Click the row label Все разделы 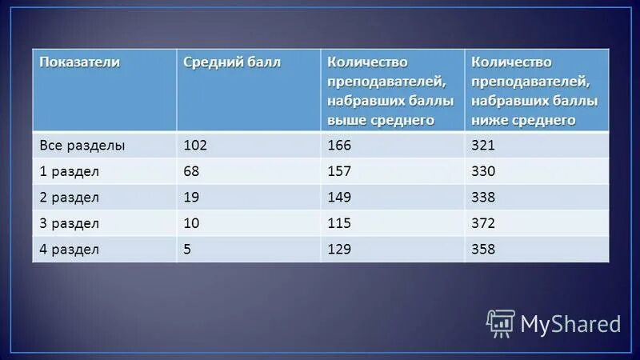[x=82, y=146]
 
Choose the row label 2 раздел [x=70, y=197]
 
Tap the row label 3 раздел [x=70, y=223]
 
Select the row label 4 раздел [x=70, y=250]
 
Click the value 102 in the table [x=195, y=146]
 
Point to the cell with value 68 [x=192, y=171]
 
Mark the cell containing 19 [x=191, y=197]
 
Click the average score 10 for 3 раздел [x=191, y=223]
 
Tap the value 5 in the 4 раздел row [x=188, y=250]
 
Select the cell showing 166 [x=339, y=146]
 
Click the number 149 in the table [x=339, y=197]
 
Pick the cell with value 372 [x=484, y=223]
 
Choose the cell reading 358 [x=484, y=250]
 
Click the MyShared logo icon [x=501, y=322]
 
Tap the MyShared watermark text [x=570, y=323]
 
